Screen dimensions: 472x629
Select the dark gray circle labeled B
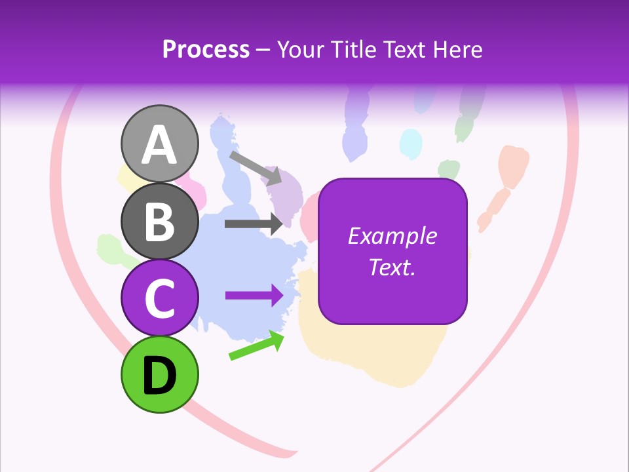click(x=160, y=222)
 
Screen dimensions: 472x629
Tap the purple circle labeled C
click(x=160, y=298)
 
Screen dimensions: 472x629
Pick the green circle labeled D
click(x=160, y=375)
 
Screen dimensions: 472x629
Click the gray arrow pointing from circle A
click(x=256, y=168)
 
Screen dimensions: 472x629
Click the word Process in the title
click(x=206, y=50)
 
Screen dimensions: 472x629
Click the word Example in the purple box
click(x=392, y=236)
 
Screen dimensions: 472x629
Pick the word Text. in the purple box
click(x=392, y=267)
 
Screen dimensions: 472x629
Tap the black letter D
click(x=160, y=375)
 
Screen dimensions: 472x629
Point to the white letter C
click(x=160, y=298)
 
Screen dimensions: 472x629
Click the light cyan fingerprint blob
click(x=411, y=143)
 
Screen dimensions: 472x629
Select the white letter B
click(x=160, y=222)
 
